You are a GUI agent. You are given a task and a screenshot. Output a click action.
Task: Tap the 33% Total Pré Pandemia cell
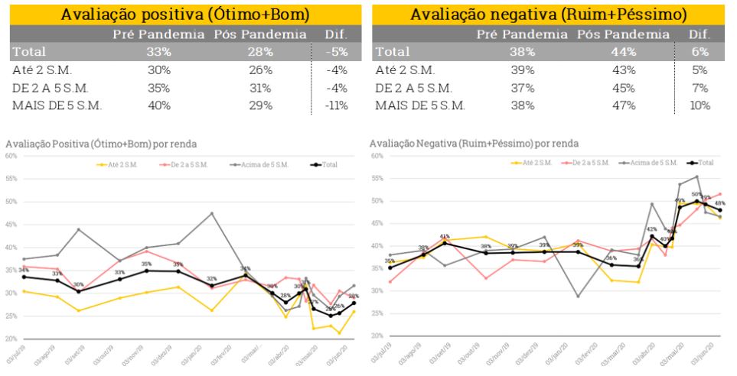[158, 52]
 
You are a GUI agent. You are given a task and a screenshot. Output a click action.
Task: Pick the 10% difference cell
[699, 105]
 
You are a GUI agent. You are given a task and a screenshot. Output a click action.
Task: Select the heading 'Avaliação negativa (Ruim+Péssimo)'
[548, 14]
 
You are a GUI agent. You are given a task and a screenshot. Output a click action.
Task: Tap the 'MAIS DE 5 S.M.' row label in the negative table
[420, 105]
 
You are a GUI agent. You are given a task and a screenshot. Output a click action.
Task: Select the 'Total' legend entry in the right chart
[701, 163]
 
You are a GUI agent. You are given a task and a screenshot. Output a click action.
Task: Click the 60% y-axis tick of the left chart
[11, 156]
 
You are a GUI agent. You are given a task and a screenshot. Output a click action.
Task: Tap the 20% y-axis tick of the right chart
[376, 336]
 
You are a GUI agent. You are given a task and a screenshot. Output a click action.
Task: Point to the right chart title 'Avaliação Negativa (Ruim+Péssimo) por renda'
[474, 143]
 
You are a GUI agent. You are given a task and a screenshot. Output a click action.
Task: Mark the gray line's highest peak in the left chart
[211, 213]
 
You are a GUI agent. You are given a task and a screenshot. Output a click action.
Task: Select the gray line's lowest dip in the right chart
[578, 297]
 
